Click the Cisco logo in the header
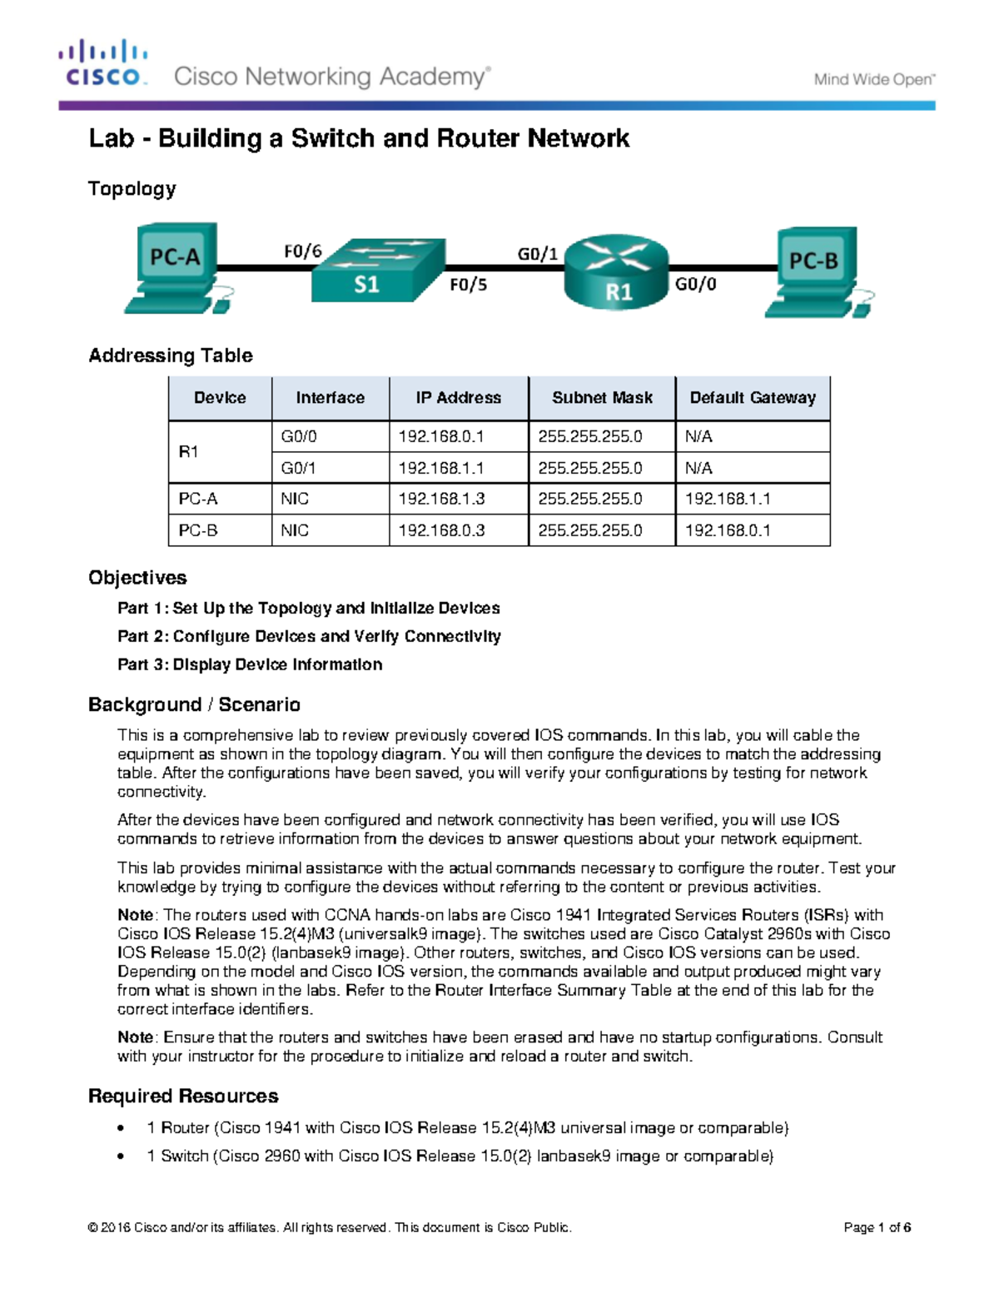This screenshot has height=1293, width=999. [103, 63]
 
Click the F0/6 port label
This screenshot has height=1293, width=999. [302, 251]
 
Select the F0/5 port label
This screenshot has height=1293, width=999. [468, 285]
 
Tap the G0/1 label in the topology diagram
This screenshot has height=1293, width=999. [538, 253]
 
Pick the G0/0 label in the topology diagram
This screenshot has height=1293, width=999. [695, 285]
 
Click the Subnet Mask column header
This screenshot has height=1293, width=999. [602, 398]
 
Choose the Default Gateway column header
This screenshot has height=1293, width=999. [753, 398]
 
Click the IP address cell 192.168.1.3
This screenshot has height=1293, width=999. [441, 499]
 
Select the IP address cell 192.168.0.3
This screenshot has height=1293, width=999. [441, 530]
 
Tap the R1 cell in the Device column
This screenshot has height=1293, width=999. [189, 452]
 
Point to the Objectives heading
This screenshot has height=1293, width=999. [137, 578]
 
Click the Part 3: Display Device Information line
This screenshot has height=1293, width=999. [250, 664]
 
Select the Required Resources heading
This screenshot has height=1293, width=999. [183, 1096]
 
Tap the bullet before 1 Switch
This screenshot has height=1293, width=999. [122, 1156]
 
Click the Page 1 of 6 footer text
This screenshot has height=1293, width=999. [877, 1227]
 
